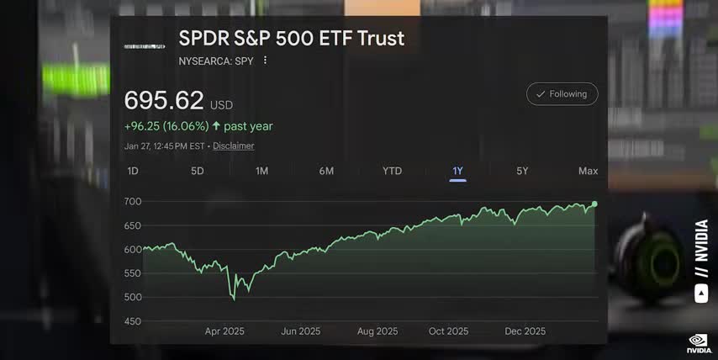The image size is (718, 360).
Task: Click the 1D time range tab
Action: [133, 171]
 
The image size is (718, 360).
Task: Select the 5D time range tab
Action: [198, 171]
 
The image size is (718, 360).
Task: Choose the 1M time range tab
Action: [262, 171]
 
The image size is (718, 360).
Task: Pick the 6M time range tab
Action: [326, 171]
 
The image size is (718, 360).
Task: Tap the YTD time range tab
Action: [392, 171]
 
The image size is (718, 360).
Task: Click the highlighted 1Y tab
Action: [457, 171]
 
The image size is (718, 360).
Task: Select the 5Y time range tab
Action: [522, 171]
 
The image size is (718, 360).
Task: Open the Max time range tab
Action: [588, 171]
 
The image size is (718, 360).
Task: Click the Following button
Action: [562, 94]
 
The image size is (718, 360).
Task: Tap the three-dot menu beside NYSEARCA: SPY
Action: [265, 61]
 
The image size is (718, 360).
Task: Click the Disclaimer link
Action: [233, 146]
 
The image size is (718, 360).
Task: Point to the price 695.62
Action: [164, 101]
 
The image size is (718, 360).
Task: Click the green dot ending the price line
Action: [594, 204]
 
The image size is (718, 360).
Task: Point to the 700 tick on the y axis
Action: [133, 202]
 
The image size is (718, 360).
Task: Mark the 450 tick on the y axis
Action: [133, 321]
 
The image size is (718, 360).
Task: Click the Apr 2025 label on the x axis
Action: [224, 331]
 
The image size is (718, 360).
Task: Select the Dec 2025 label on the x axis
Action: [525, 331]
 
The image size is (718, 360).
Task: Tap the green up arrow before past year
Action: [216, 126]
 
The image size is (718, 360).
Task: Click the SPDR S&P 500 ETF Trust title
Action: [291, 39]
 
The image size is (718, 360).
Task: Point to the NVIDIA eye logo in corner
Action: [697, 341]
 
